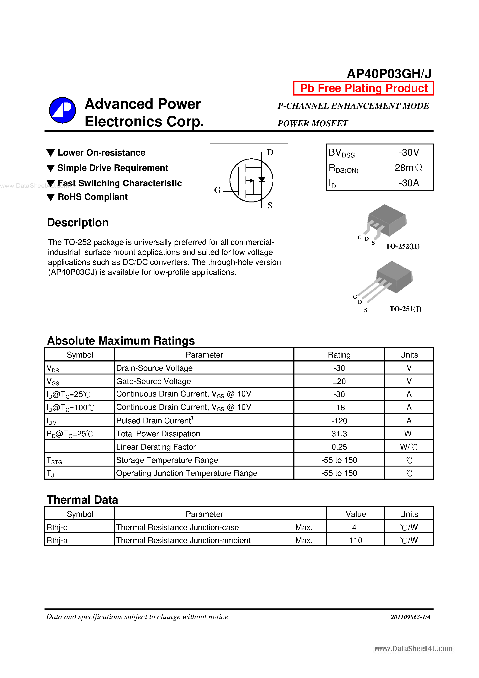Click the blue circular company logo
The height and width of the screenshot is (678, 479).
(x=62, y=110)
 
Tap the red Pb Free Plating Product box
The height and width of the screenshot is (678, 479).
(x=363, y=88)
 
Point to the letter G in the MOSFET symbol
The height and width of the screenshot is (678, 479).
(x=217, y=190)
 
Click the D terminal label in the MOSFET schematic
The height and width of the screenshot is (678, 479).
(x=270, y=152)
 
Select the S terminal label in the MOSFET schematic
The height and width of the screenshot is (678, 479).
(x=270, y=205)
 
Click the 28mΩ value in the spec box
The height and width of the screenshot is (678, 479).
(x=408, y=168)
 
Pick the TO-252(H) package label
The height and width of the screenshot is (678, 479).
(x=402, y=246)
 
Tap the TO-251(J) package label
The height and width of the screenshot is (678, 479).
(x=405, y=309)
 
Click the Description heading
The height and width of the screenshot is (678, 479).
(x=78, y=222)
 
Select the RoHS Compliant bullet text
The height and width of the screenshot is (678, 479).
(x=93, y=197)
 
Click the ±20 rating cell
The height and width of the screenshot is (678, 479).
(x=339, y=381)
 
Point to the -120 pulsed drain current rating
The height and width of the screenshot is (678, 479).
(x=339, y=420)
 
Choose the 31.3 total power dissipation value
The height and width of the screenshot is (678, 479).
(x=339, y=434)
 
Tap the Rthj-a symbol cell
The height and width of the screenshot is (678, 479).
(x=57, y=540)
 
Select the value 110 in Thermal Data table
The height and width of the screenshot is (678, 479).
(x=356, y=540)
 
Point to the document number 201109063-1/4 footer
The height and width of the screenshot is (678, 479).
(x=410, y=617)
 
